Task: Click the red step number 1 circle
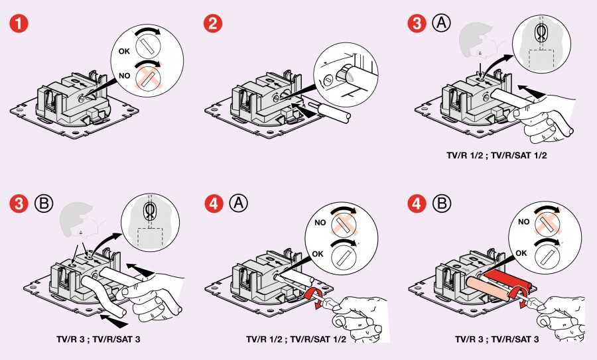click(x=19, y=25)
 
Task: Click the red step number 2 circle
click(x=214, y=25)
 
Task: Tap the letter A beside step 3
click(x=440, y=25)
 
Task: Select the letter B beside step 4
click(x=440, y=204)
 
